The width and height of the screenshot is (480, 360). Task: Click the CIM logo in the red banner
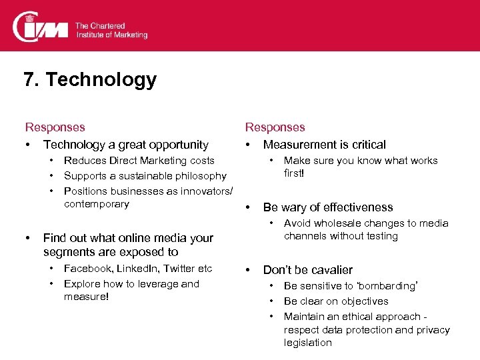point(40,27)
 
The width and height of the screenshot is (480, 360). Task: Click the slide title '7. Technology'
point(90,80)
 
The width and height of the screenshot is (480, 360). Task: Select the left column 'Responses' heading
point(55,127)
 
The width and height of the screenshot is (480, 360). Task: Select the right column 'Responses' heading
point(275,127)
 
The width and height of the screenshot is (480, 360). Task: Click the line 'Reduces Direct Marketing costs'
point(139,161)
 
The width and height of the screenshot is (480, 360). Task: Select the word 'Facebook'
point(87,269)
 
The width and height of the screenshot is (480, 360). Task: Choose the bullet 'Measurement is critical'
point(324,145)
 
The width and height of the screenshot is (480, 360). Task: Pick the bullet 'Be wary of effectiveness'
point(328,207)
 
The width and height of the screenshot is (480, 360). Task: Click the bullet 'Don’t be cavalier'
point(307,270)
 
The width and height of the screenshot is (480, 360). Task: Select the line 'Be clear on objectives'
point(336,301)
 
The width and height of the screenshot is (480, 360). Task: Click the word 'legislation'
point(307,343)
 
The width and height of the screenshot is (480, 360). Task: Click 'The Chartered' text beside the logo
point(100,25)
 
